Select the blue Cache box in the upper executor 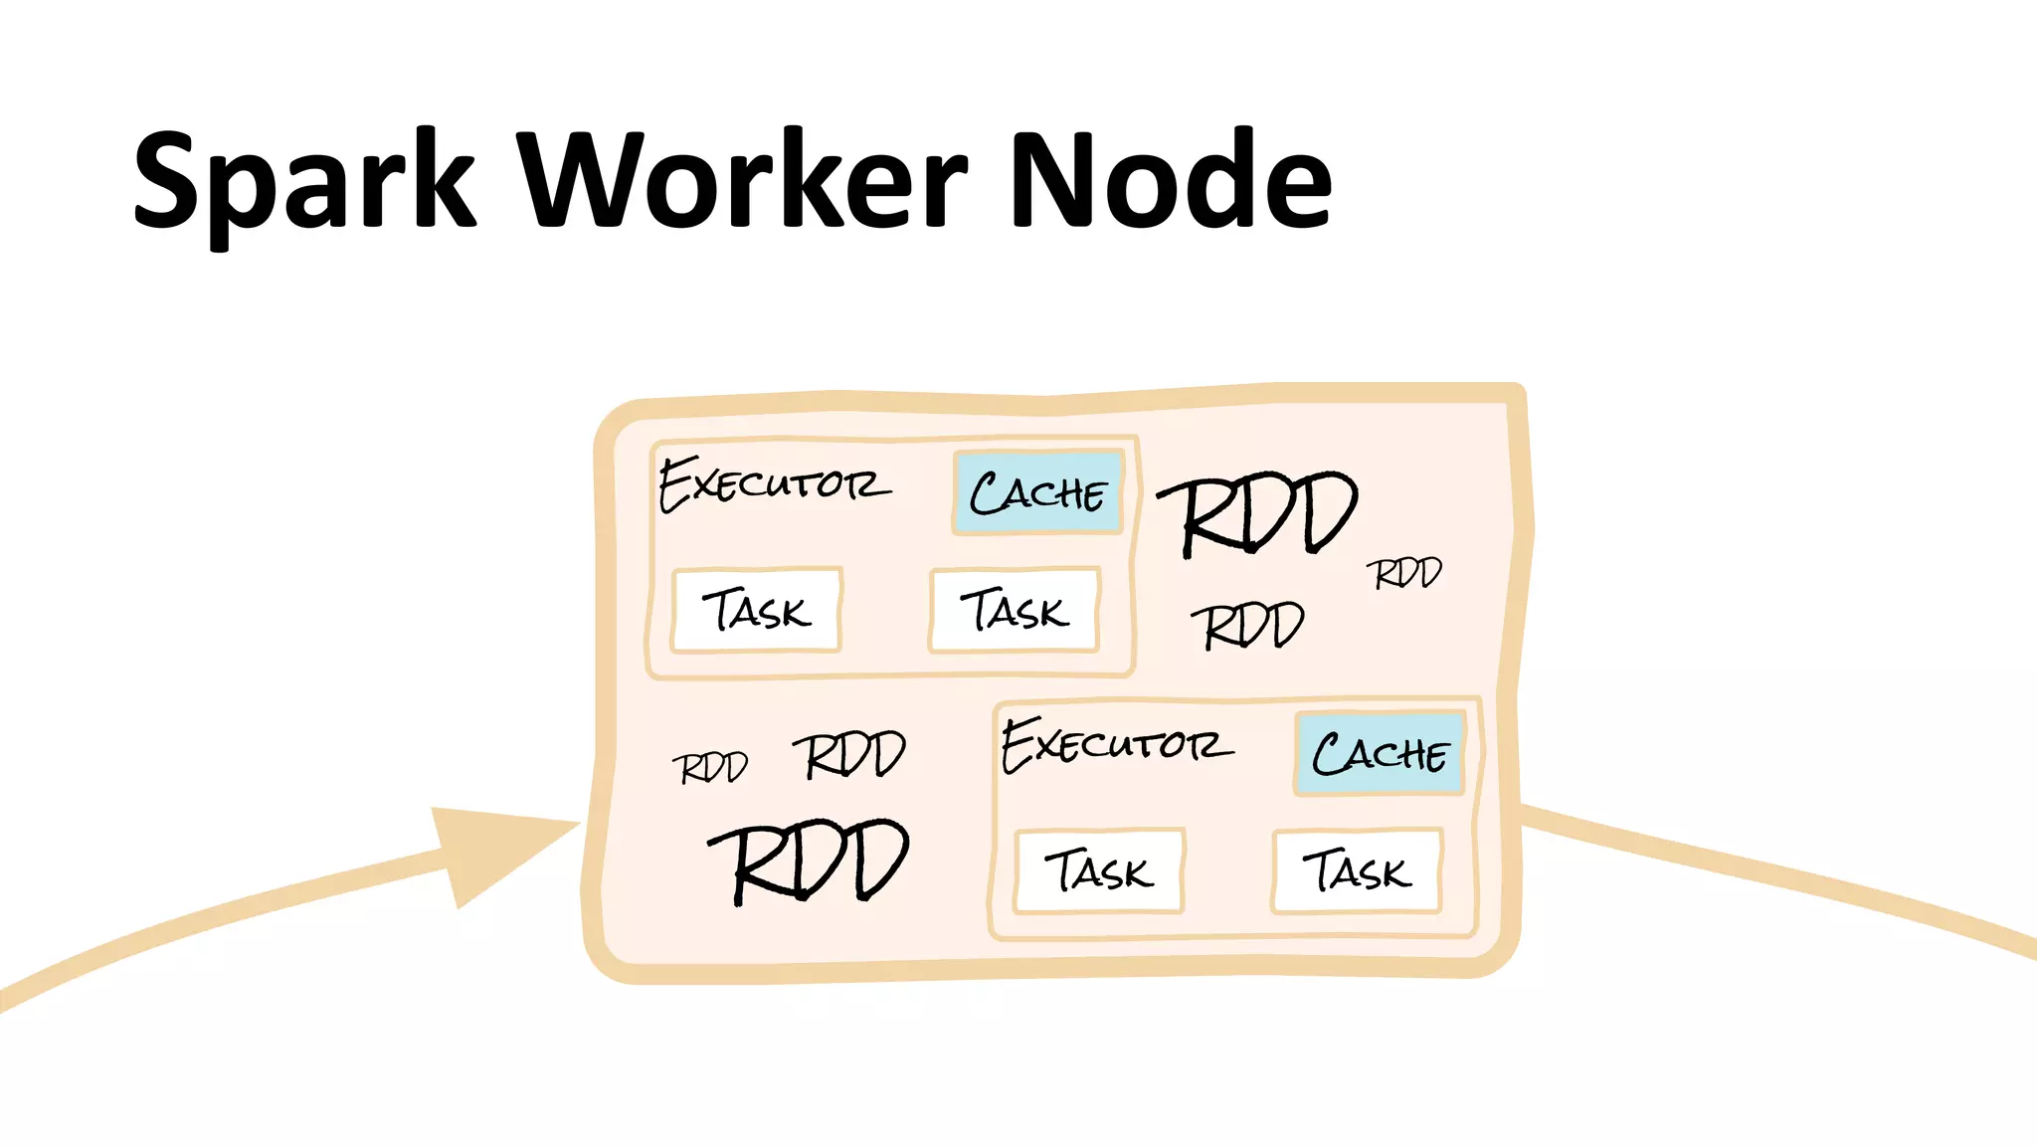[1037, 492]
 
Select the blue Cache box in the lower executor [1380, 753]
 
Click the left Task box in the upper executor [757, 610]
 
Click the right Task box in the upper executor [1015, 610]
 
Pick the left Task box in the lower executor [1099, 870]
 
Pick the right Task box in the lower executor [1357, 870]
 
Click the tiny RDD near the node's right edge [1403, 574]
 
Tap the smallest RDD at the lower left [710, 768]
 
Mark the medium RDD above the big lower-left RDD [850, 756]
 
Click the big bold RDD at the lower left [811, 861]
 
